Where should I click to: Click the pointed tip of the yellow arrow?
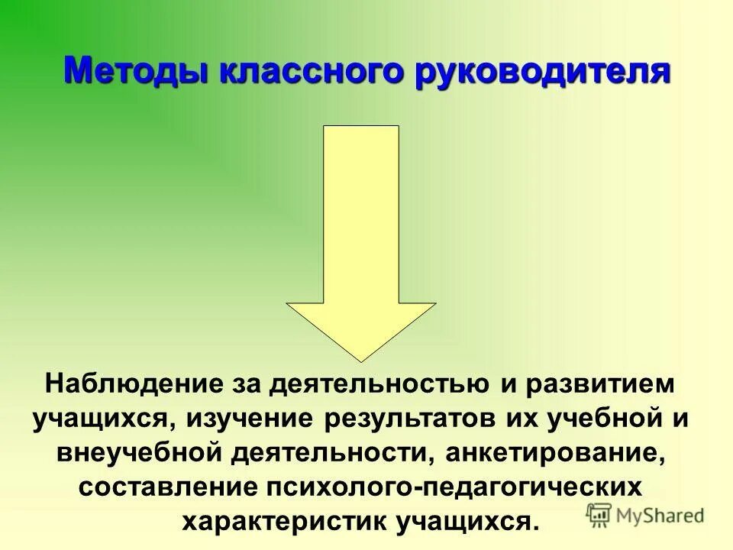(360, 359)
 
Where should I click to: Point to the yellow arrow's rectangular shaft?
(361, 214)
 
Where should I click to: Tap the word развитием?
(597, 383)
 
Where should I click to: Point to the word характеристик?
(286, 523)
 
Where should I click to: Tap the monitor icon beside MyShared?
(598, 515)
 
